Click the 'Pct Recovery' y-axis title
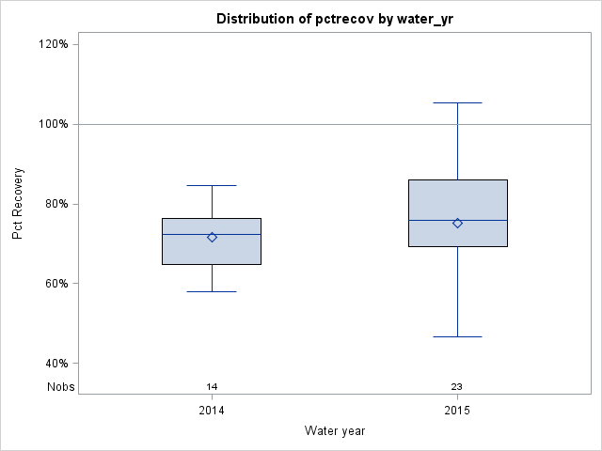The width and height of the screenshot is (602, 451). point(18,204)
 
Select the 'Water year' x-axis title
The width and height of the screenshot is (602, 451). point(335,430)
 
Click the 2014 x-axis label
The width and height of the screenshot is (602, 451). point(212,411)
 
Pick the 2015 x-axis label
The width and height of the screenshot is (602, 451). point(457,411)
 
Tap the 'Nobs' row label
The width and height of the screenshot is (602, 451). point(61,386)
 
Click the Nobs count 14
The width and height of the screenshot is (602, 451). point(212,386)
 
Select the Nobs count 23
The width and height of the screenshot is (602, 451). point(457,386)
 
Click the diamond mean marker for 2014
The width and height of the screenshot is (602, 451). point(212,238)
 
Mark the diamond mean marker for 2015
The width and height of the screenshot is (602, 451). point(457,223)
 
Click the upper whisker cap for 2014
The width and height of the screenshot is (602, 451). point(212,186)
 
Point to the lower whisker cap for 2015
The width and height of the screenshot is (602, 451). point(457,336)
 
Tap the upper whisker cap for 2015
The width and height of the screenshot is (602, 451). point(457,102)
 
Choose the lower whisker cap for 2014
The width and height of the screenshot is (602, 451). point(212,291)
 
